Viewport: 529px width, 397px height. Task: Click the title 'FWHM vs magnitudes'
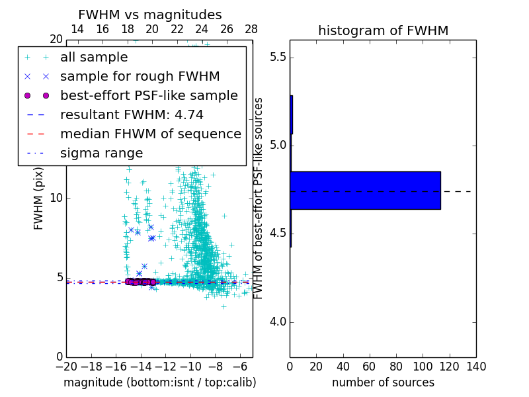click(150, 15)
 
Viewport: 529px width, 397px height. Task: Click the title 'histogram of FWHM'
click(383, 30)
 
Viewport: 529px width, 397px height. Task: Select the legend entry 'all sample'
click(94, 58)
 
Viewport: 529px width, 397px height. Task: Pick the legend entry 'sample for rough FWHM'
click(140, 76)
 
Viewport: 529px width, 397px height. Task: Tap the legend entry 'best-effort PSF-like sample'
click(149, 95)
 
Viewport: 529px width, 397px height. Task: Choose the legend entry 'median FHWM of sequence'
click(150, 134)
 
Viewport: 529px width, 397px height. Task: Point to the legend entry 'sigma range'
click(101, 154)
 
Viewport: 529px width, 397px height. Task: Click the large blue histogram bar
click(365, 191)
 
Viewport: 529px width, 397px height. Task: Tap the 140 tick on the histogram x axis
click(476, 367)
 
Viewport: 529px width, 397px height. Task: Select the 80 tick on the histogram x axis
click(396, 367)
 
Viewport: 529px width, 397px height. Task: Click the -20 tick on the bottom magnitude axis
click(66, 367)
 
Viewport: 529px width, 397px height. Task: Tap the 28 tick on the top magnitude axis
click(251, 29)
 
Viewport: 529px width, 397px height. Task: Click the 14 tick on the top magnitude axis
click(77, 29)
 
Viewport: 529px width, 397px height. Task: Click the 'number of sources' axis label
click(383, 382)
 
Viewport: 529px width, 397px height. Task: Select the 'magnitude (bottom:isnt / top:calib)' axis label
click(159, 382)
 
